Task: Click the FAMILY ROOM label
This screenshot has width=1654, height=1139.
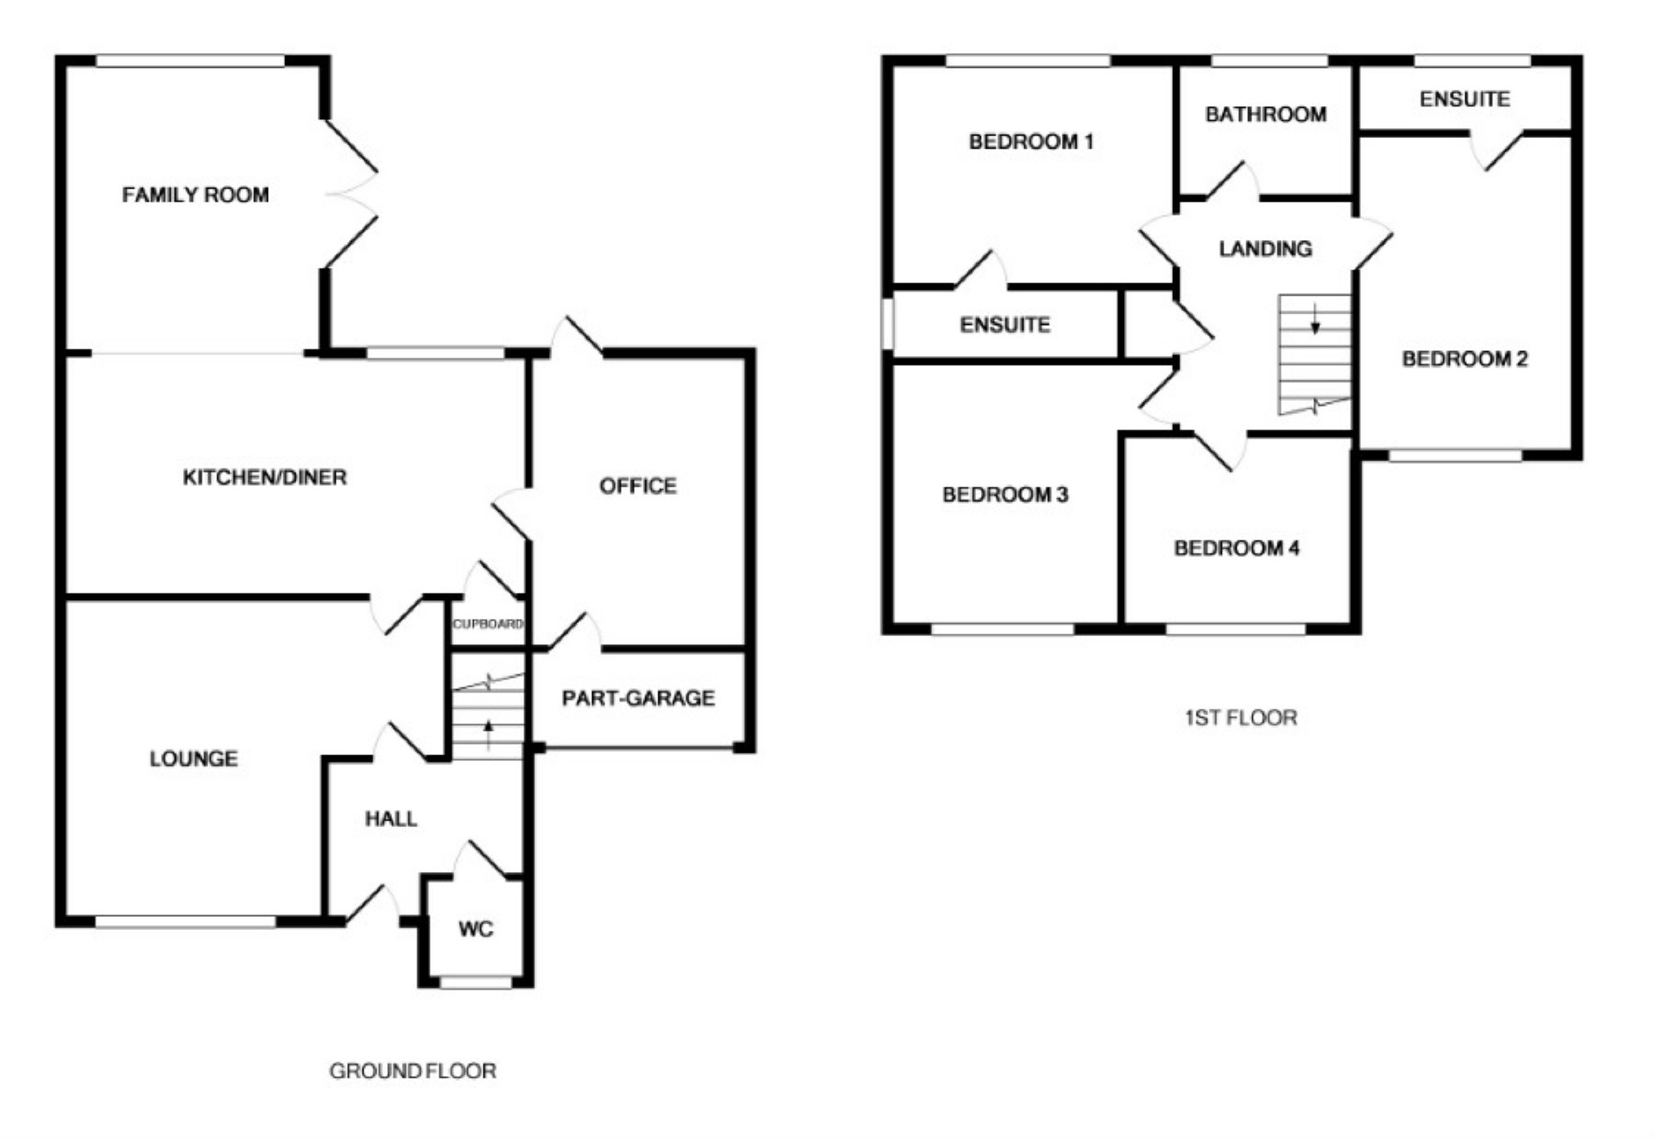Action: [x=195, y=195]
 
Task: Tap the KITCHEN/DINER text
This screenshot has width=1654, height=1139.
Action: [x=265, y=477]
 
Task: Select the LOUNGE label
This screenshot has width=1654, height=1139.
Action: [x=194, y=759]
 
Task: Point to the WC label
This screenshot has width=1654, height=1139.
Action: [x=475, y=929]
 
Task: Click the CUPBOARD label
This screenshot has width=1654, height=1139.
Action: [x=488, y=625]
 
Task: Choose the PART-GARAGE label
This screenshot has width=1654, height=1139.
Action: [x=638, y=698]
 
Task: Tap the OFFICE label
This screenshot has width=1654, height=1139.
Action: [x=638, y=487]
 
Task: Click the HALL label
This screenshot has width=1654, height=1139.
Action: [x=390, y=819]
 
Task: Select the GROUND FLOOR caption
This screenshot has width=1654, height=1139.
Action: [x=412, y=1071]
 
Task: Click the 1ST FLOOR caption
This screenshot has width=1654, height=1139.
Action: [x=1241, y=718]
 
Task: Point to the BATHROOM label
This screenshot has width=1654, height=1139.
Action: [x=1265, y=114]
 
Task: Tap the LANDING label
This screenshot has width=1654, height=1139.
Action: [x=1265, y=248]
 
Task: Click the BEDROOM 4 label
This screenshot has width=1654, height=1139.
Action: [x=1237, y=548]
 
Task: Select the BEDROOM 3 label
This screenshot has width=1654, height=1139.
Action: [x=1005, y=495]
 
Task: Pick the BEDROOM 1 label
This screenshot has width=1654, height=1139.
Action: [x=1031, y=142]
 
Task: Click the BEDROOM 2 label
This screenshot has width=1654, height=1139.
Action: [x=1465, y=359]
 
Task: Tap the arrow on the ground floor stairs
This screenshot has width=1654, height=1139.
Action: [x=489, y=734]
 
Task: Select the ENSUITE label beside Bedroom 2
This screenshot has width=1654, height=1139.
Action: [x=1465, y=100]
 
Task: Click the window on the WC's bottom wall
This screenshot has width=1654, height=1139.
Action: [x=476, y=983]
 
